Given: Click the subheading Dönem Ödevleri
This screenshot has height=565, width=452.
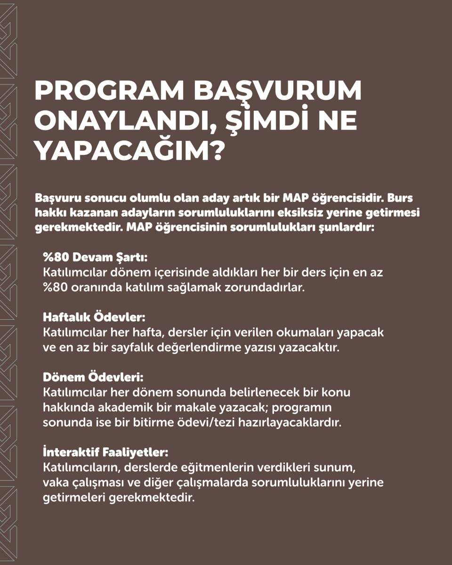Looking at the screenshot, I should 94,378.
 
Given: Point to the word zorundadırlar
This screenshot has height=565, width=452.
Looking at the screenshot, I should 266,288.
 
